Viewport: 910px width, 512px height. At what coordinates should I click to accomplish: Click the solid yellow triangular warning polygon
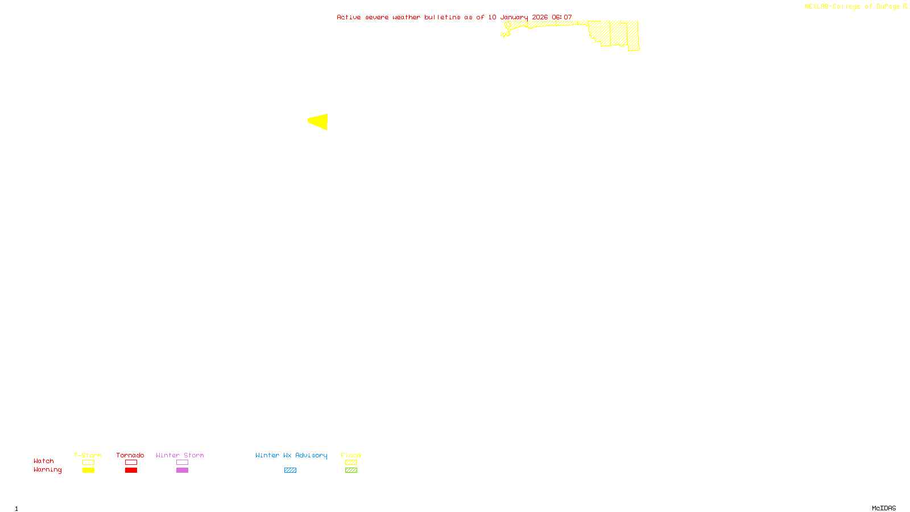pos(320,122)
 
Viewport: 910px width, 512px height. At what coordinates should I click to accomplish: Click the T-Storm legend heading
pos(88,455)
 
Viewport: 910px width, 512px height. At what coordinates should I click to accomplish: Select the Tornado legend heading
pos(130,455)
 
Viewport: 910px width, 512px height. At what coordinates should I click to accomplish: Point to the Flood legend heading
pos(351,455)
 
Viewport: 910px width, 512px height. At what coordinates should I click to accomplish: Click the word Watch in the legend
pos(44,461)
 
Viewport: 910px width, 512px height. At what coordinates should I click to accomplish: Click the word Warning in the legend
pos(47,470)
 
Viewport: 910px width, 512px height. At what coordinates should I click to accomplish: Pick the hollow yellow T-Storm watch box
pos(88,463)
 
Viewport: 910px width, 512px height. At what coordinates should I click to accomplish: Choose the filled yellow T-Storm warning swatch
pos(88,470)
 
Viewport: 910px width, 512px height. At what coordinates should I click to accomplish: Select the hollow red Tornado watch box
pos(131,463)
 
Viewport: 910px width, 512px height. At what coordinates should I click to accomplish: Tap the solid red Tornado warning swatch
pos(131,470)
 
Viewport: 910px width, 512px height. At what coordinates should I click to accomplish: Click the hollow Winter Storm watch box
pos(182,463)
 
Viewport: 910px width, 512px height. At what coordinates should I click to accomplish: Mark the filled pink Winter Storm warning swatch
pos(182,470)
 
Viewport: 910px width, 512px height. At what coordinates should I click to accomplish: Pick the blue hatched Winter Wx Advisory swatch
pos(290,470)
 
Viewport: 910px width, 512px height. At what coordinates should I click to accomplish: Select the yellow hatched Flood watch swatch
pos(351,463)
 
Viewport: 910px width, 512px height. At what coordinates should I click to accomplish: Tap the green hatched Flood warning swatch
pos(351,470)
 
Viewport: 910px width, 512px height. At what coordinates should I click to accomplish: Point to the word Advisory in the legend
pos(311,455)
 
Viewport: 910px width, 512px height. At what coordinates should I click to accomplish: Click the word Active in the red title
pos(349,17)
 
